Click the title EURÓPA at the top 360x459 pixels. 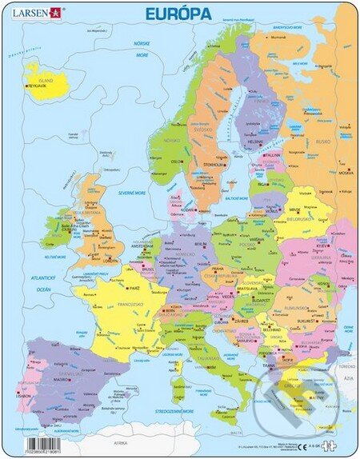178,14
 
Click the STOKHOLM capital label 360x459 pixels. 215,166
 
